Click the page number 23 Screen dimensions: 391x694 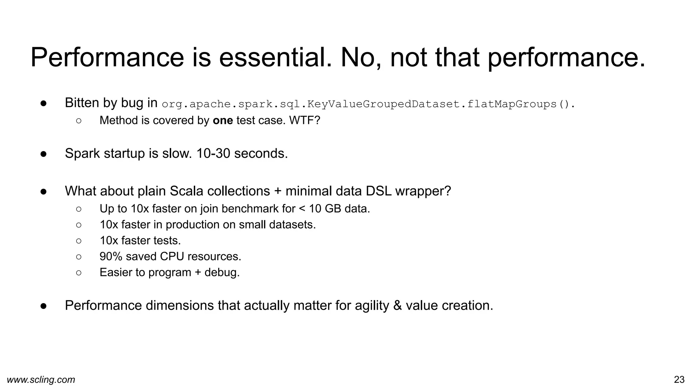[x=679, y=379]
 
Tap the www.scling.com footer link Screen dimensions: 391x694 [x=41, y=379]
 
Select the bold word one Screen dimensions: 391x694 [x=223, y=120]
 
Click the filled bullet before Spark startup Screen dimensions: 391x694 [x=43, y=154]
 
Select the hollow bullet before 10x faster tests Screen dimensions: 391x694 [x=79, y=241]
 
